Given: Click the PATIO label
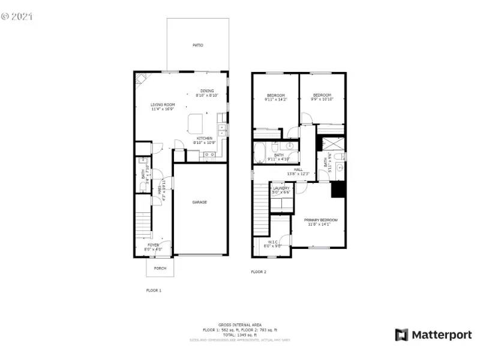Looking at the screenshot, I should [197, 45].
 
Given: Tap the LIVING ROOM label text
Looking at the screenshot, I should [162, 105].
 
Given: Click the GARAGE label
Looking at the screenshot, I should [200, 202].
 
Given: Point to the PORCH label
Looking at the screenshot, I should [160, 268].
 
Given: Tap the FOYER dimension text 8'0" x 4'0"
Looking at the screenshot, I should [154, 249].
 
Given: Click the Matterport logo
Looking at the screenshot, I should [433, 335].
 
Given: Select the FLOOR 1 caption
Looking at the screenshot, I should [154, 290].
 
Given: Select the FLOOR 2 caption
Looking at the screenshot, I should [259, 272].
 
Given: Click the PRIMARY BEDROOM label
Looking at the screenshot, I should [320, 220].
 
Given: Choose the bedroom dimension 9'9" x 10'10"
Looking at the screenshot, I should [322, 99].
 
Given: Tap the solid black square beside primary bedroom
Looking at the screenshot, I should [338, 190].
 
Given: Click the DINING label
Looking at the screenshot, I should [207, 91].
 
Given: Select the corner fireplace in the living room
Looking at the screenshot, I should [140, 78].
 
